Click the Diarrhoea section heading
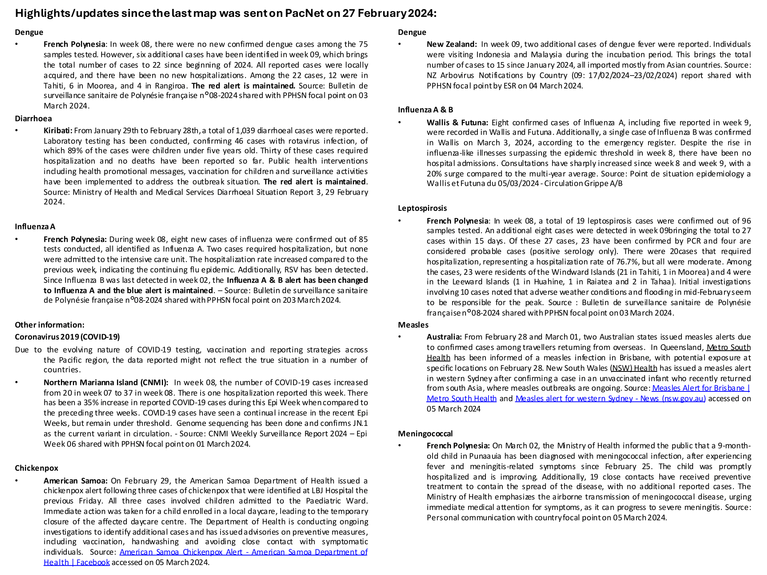pos(33,118)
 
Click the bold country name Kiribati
pos(58,131)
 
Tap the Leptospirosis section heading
pos(422,208)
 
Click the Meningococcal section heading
pos(425,434)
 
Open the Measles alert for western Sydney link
pos(610,399)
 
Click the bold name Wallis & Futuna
pos(457,123)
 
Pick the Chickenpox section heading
pos(36,468)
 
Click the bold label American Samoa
pos(76,481)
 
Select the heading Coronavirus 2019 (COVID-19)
pos(67,337)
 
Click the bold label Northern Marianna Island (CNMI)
pos(106,383)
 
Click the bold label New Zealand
pos(451,44)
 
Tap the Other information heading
pos(49,325)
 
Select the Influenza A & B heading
pos(425,110)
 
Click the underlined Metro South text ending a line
pos(728,347)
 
